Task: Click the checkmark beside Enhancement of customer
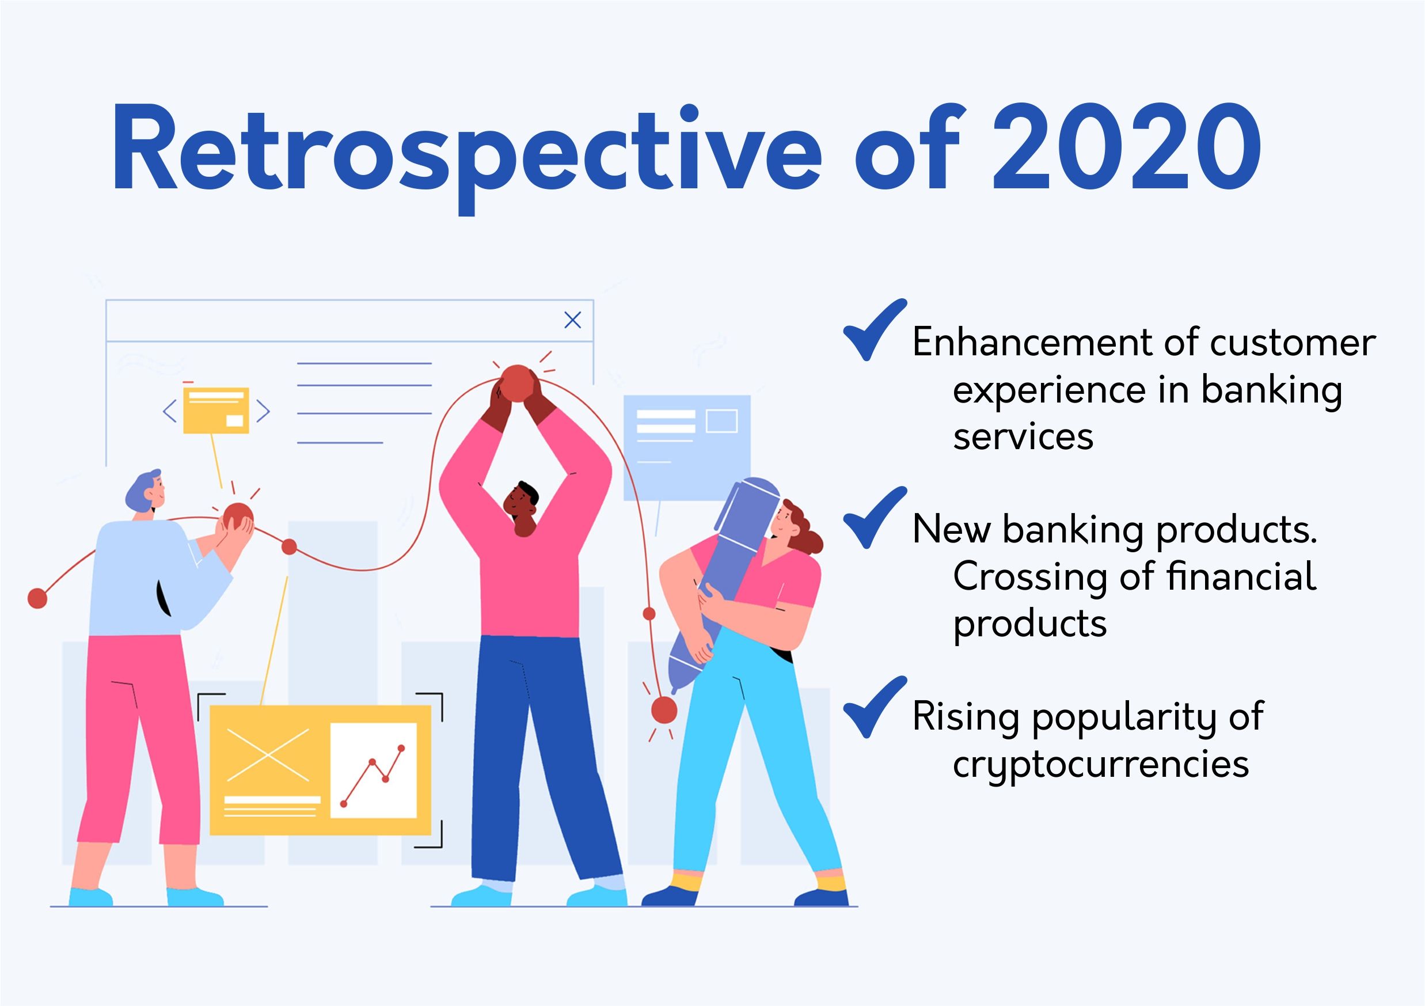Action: click(875, 329)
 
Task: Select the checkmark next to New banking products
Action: click(875, 518)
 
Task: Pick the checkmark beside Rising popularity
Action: click(875, 707)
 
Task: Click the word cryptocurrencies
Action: click(1100, 765)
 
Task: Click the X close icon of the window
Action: click(572, 320)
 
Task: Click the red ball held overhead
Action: click(518, 385)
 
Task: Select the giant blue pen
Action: click(724, 584)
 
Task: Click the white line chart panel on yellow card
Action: click(373, 770)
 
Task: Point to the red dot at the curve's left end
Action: click(38, 598)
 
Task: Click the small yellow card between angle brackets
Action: click(216, 410)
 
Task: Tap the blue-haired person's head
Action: click(146, 493)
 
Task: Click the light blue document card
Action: click(687, 447)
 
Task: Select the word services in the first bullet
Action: click(1023, 437)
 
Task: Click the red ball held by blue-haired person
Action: click(237, 518)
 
